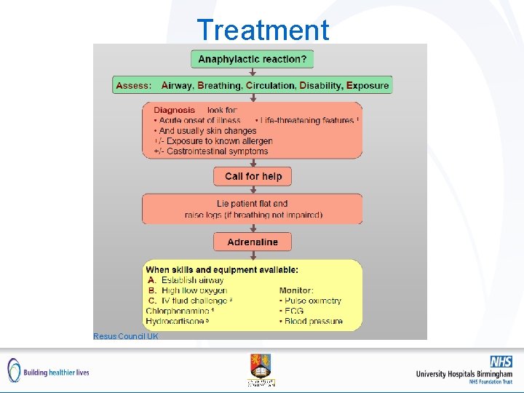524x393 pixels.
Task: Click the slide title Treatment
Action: (x=263, y=30)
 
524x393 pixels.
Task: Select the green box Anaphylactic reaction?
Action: (x=252, y=59)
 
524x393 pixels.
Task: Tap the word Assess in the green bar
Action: (x=134, y=85)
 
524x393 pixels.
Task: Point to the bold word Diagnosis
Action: (x=174, y=110)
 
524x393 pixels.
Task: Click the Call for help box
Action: (x=253, y=176)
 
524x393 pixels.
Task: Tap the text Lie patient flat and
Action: (x=252, y=204)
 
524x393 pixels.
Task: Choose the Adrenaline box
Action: (x=252, y=242)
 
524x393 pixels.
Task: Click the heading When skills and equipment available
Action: (x=222, y=269)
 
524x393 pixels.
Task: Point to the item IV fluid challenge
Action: (x=195, y=301)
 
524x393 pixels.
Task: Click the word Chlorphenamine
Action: (x=178, y=311)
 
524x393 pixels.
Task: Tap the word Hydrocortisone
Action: (x=175, y=321)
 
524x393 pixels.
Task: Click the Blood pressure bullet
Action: (x=313, y=321)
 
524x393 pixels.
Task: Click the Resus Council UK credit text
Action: (x=126, y=336)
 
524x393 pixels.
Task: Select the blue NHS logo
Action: (x=500, y=362)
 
